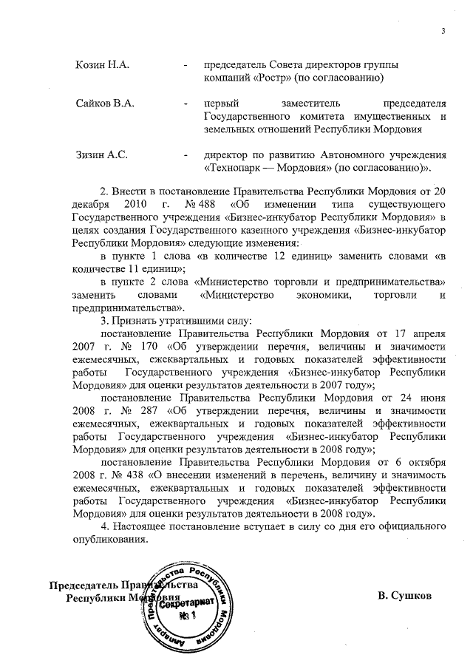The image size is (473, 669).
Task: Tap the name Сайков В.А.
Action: (104, 104)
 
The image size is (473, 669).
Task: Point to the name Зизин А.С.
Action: (103, 155)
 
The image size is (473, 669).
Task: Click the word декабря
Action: (91, 203)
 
